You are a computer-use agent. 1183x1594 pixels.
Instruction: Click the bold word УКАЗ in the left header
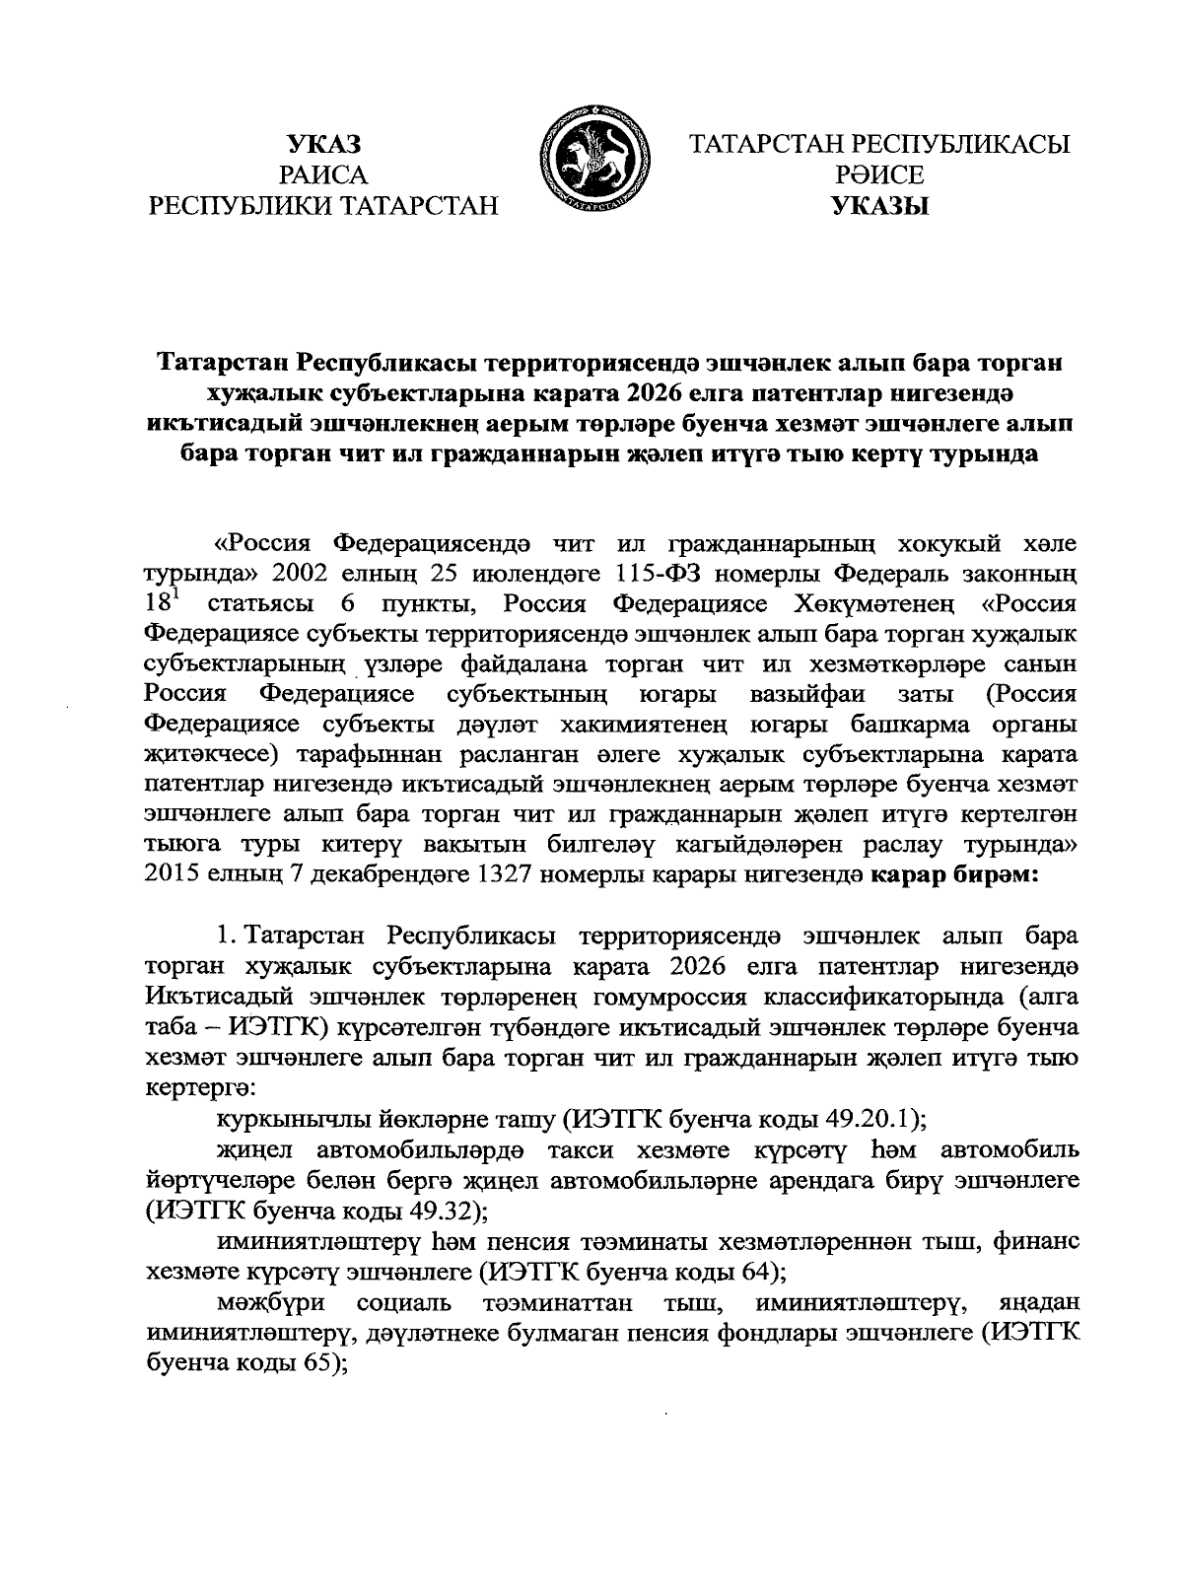323,144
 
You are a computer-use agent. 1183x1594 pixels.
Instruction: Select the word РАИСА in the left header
323,175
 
